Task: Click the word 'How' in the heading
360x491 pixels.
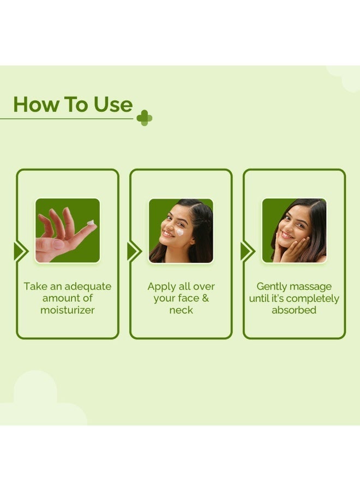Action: (x=36, y=104)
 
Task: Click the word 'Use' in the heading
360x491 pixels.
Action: (x=113, y=104)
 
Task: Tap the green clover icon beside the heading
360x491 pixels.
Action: (x=145, y=118)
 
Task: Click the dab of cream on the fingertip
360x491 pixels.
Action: (x=91, y=223)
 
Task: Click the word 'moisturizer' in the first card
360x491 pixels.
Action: (x=68, y=310)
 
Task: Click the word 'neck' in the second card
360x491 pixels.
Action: (x=181, y=310)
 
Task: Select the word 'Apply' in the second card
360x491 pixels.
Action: (x=161, y=287)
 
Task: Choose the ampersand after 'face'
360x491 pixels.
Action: (x=205, y=298)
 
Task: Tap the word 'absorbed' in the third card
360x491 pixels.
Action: (x=294, y=310)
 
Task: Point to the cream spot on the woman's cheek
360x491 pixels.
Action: (x=179, y=232)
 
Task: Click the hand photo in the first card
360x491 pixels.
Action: (x=68, y=230)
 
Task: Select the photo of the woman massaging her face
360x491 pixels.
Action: (x=294, y=230)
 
